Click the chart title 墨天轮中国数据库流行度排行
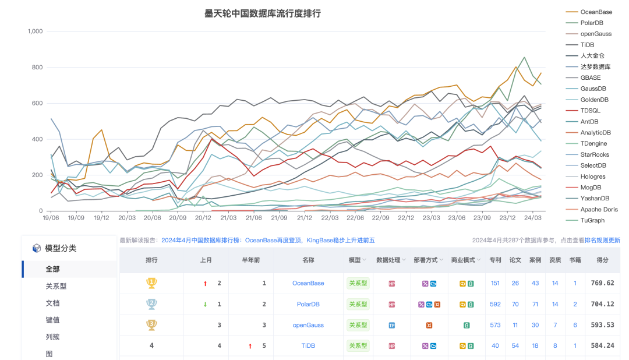tap(263, 13)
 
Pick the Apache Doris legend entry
tap(599, 209)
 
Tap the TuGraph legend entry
tap(593, 220)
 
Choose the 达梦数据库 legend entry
tap(595, 66)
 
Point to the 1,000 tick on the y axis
tap(35, 31)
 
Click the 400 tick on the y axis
tap(37, 139)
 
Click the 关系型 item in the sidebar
tap(56, 286)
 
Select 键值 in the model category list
tap(52, 320)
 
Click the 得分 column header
tap(602, 260)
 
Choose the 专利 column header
tap(495, 260)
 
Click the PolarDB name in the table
tap(308, 304)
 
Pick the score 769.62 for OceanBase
tap(602, 283)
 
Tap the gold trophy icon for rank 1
tap(151, 283)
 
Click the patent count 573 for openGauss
tap(495, 325)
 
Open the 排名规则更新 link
tap(602, 240)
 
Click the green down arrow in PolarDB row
tap(205, 304)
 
